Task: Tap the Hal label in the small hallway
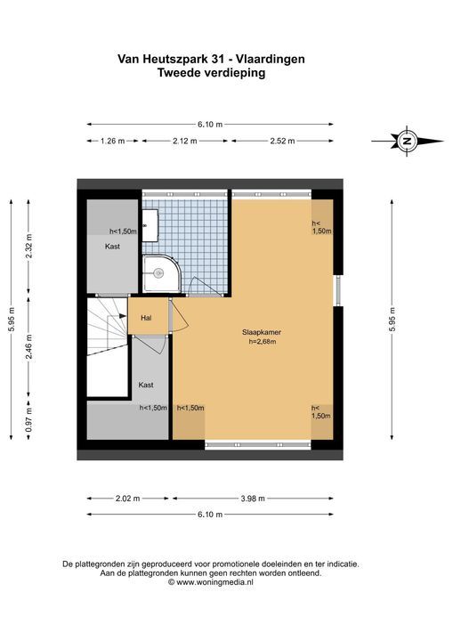click(146, 318)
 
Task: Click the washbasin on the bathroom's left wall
click(150, 225)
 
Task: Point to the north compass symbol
click(408, 141)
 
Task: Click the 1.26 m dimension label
click(112, 141)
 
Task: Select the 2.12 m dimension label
click(185, 141)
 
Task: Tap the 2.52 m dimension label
click(282, 141)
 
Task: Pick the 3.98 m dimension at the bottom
click(253, 499)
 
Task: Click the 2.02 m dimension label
click(127, 499)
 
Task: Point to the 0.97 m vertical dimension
click(28, 420)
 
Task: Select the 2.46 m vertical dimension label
click(28, 347)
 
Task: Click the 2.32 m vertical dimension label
click(28, 246)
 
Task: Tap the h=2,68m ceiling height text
click(262, 342)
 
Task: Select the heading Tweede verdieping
click(212, 73)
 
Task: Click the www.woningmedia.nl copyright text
click(211, 582)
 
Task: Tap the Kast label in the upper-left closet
click(112, 247)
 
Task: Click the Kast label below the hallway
click(146, 385)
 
